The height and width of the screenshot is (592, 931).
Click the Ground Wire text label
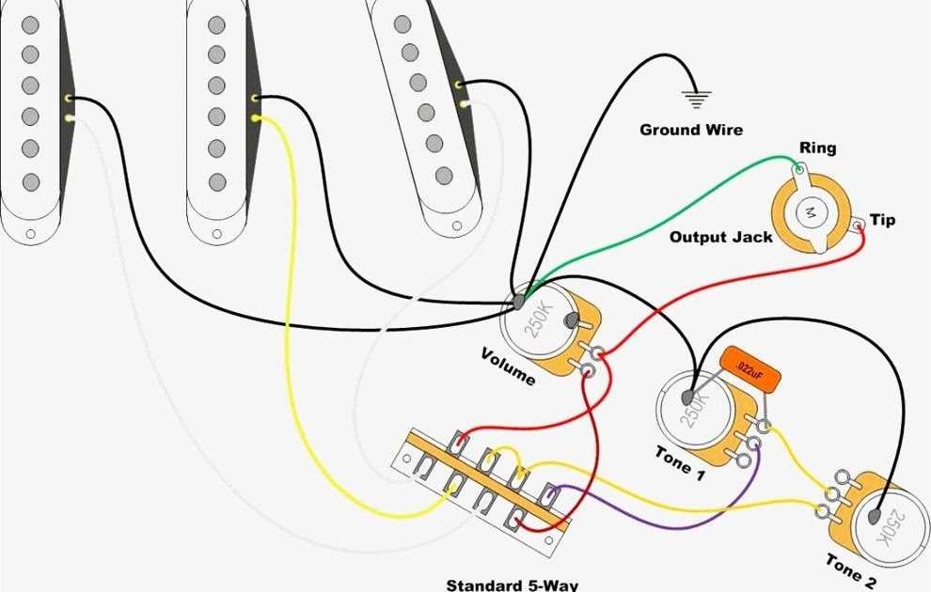click(690, 130)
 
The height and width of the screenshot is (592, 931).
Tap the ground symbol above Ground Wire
click(697, 97)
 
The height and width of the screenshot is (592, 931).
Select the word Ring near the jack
click(817, 148)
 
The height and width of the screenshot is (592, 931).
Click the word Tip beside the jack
click(882, 220)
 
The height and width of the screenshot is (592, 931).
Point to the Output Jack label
click(720, 237)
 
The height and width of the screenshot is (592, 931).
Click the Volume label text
click(508, 366)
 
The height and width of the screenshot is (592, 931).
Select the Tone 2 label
click(851, 571)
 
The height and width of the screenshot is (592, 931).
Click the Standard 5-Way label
click(513, 584)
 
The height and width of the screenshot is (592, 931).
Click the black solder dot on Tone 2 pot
click(876, 516)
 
